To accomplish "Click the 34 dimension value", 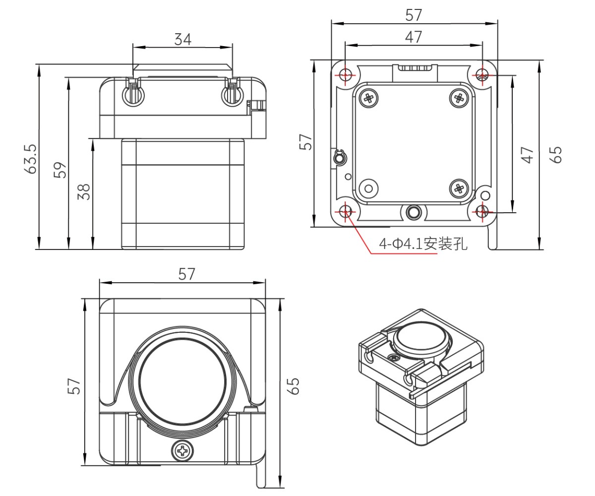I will coord(182,39).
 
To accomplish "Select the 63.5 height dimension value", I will coord(31,158).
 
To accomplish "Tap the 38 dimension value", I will coord(84,191).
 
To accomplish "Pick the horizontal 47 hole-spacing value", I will coord(414,37).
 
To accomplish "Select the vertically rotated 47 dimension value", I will coord(527,155).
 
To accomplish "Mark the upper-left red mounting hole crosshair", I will coord(346,75).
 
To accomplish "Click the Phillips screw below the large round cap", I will coord(182,451).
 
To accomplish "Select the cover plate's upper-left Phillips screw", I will coord(369,98).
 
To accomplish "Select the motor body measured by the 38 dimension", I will coord(183,193).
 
